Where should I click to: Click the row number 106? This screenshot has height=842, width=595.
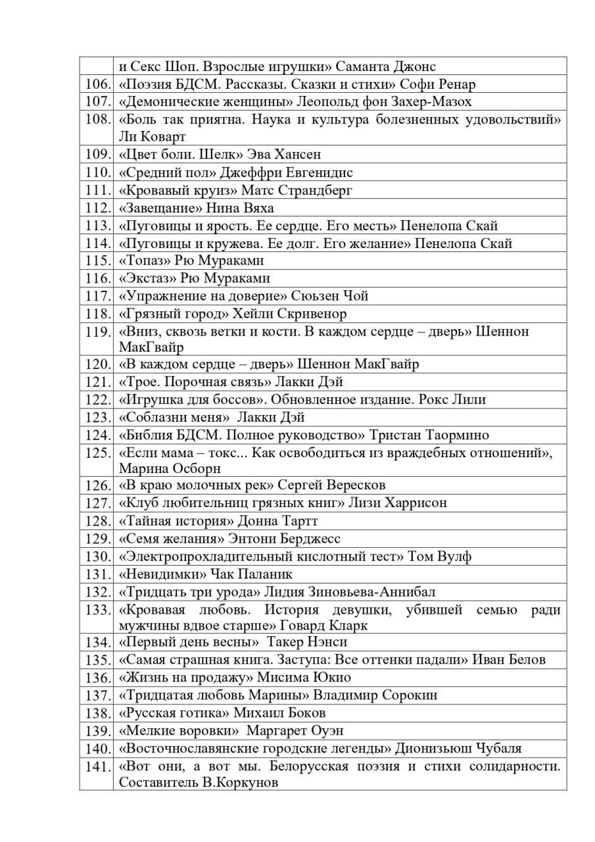[x=97, y=84]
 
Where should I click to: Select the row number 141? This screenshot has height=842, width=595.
[x=97, y=766]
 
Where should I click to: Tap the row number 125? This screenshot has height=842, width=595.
[x=97, y=453]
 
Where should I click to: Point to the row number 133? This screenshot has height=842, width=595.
[x=97, y=609]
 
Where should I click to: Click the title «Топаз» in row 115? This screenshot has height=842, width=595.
[x=143, y=260]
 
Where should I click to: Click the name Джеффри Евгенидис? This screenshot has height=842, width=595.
[x=287, y=172]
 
